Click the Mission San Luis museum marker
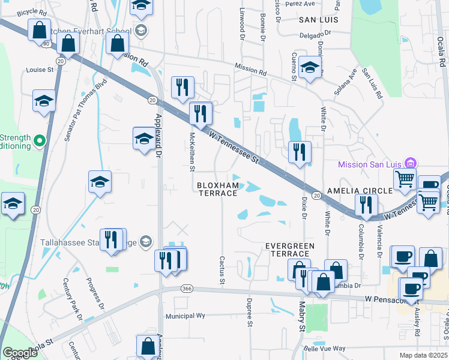[411, 163]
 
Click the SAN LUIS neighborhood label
[319, 20]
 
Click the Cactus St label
[222, 270]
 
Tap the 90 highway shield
[46, 44]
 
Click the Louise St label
[40, 70]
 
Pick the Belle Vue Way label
[325, 348]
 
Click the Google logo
[20, 353]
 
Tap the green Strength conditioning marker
[40, 141]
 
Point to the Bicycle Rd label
[32, 12]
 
